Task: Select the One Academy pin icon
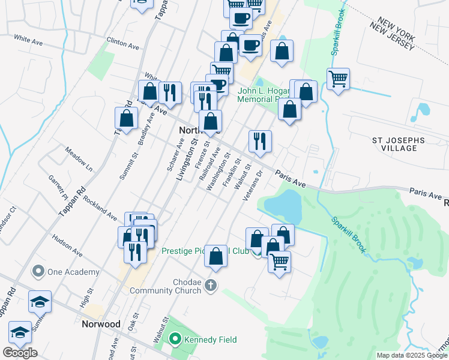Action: [39, 272]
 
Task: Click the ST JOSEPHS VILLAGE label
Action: [399, 145]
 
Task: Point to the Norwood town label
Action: [101, 324]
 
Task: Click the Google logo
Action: [20, 353]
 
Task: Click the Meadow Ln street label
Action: [79, 160]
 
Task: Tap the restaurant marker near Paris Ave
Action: [260, 142]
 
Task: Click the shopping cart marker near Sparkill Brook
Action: [339, 79]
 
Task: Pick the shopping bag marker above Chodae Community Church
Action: [215, 256]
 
